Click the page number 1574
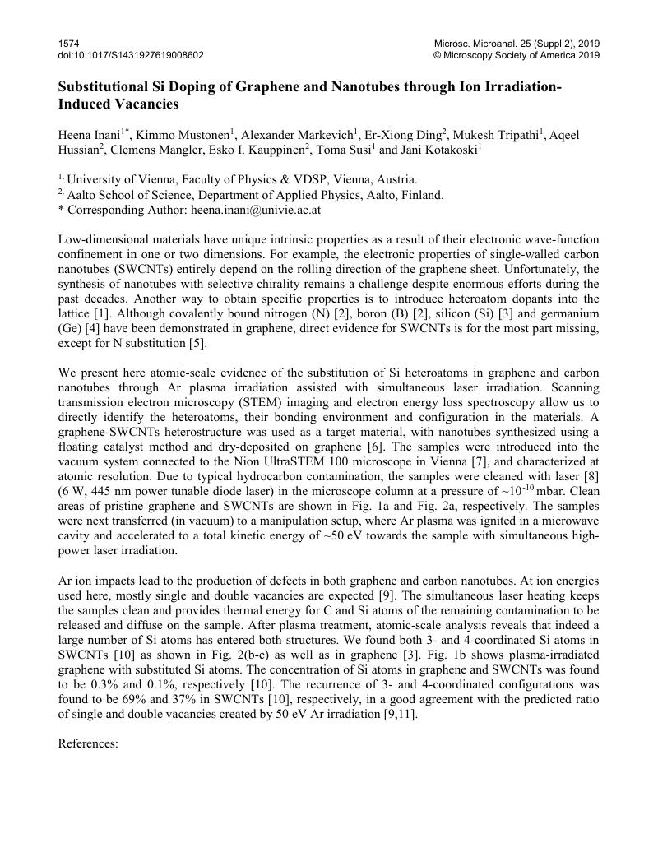(x=68, y=43)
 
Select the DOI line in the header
(x=131, y=55)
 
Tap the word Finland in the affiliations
(x=424, y=195)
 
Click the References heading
(x=89, y=742)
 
